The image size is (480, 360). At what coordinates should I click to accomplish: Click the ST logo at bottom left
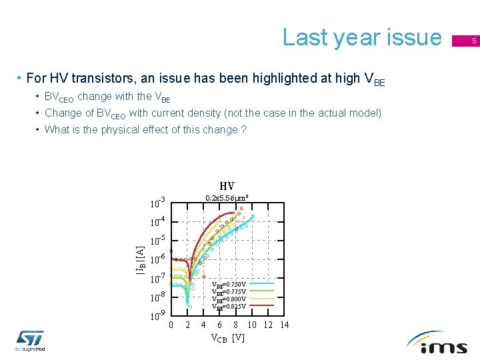tap(30, 340)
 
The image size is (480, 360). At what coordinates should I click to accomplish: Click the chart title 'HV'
tap(227, 186)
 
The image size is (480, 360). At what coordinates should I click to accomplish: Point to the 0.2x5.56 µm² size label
tap(227, 198)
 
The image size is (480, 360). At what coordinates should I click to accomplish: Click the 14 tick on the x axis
tap(285, 325)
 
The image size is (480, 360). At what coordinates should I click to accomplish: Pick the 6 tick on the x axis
tap(220, 325)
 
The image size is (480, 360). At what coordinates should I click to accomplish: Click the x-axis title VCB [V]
tap(227, 338)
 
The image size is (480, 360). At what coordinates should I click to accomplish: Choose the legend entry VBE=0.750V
tap(229, 284)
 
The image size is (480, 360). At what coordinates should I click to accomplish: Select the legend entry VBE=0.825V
tap(229, 307)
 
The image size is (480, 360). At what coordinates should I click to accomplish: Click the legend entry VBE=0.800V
tap(229, 299)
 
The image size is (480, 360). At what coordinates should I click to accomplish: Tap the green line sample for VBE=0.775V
tap(261, 291)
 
